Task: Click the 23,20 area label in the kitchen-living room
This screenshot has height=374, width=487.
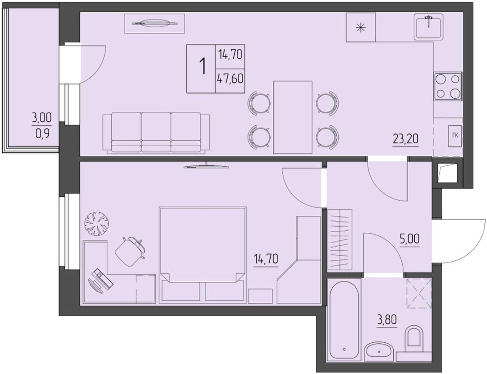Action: tap(405, 139)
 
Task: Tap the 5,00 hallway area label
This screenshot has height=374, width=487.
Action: tap(410, 239)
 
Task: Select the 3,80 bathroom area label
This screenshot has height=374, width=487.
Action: tap(387, 319)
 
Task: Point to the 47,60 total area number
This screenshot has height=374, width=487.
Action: tap(230, 79)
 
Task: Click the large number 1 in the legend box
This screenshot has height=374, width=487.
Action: tap(203, 67)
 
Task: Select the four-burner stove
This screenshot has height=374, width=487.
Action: tap(448, 86)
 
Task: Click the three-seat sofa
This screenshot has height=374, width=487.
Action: tap(156, 133)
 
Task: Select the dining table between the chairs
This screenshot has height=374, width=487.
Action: tap(293, 117)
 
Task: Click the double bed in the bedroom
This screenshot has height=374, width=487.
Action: tap(203, 254)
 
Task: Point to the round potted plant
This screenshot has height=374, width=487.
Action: tap(97, 223)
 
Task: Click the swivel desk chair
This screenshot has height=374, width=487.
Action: tap(130, 251)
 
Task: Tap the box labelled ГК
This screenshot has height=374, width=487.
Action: tap(455, 136)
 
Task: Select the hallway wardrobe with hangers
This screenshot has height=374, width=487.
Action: tap(340, 240)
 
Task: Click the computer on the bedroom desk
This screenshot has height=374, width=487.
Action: tap(101, 280)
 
